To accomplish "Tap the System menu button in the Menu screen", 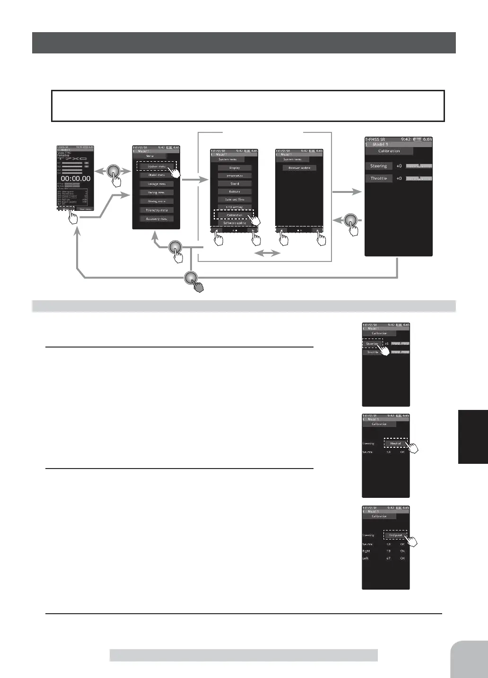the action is [x=157, y=166].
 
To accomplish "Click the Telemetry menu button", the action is [x=157, y=210].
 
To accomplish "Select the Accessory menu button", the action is [x=157, y=219].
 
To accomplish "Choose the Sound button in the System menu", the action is [x=235, y=183].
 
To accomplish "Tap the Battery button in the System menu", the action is [x=235, y=191].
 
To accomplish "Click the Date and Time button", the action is [x=235, y=200].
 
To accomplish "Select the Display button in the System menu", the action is [x=235, y=168].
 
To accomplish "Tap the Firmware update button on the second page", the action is [x=299, y=168].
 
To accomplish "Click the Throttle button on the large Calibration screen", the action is [x=379, y=178].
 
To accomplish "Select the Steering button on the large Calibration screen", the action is [x=379, y=166].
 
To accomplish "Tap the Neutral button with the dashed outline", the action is [x=395, y=443].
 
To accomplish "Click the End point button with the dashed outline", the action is [x=395, y=535].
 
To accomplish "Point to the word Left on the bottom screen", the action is [x=366, y=558].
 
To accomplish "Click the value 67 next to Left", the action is [x=388, y=558].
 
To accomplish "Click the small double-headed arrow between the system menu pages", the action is [x=267, y=254].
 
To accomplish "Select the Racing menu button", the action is [x=157, y=192].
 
